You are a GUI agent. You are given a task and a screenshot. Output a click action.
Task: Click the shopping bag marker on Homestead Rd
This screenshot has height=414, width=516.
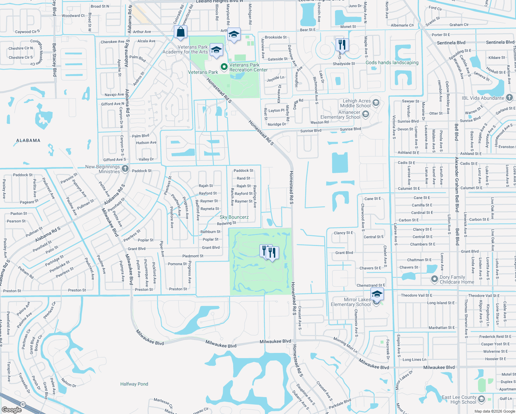click(180, 32)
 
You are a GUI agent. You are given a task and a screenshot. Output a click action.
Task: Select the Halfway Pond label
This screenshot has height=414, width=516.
click(134, 384)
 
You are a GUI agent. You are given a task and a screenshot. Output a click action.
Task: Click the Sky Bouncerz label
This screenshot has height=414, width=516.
click(234, 217)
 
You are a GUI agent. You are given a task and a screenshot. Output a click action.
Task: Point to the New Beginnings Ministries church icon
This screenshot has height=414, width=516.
click(125, 169)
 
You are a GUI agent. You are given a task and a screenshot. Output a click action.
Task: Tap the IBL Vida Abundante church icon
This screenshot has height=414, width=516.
click(509, 98)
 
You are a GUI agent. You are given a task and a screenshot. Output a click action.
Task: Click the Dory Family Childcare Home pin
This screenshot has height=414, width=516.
click(435, 279)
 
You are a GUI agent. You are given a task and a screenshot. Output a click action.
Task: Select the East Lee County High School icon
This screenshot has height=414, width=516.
click(482, 399)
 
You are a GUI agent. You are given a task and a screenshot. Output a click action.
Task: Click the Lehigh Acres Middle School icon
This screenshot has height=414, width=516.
click(376, 103)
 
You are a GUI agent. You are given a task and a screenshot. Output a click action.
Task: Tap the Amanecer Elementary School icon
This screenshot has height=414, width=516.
click(366, 114)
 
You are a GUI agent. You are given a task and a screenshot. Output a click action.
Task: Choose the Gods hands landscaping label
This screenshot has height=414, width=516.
click(392, 62)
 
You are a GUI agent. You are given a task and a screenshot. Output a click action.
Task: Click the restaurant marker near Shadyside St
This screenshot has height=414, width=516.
click(342, 45)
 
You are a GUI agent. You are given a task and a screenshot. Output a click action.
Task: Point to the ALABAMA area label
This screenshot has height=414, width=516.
click(28, 140)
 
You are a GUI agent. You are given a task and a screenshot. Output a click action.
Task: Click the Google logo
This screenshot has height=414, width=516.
click(12, 410)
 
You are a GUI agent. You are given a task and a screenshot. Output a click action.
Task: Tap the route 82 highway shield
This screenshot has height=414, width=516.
click(23, 404)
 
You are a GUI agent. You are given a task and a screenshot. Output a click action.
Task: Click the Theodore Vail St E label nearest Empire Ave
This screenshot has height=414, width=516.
click(416, 295)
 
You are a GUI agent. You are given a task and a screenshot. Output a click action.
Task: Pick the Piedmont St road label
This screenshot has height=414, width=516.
click(193, 256)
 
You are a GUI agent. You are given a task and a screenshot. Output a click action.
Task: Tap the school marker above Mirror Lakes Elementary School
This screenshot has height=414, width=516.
click(377, 294)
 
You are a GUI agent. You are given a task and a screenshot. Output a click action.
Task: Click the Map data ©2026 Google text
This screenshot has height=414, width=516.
click(495, 411)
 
